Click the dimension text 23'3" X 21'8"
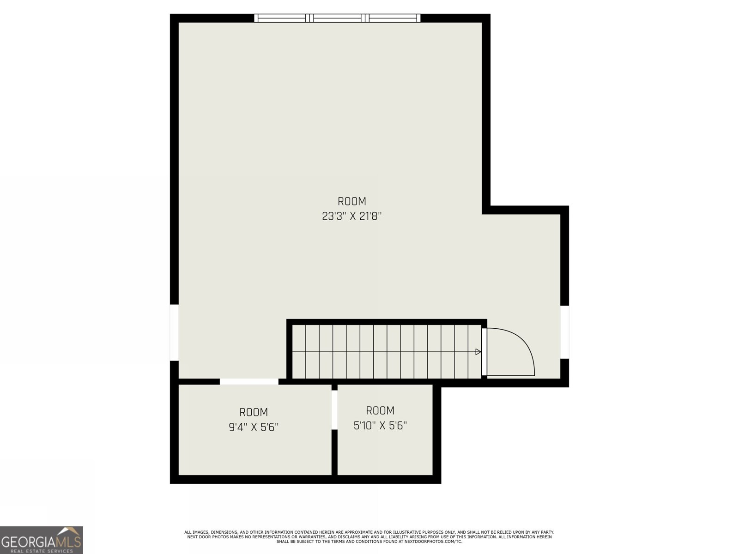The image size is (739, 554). (x=352, y=216)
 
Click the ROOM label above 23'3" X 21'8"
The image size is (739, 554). (x=352, y=201)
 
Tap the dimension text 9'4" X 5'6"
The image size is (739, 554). (x=254, y=427)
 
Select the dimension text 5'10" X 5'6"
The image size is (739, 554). (x=380, y=425)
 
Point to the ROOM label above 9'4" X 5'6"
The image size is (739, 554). (x=254, y=412)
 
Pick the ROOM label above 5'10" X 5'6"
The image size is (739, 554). (x=380, y=410)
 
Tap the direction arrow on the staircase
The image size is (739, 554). (x=478, y=352)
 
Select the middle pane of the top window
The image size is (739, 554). (x=339, y=18)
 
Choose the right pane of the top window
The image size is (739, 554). (x=394, y=18)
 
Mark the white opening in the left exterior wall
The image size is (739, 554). (x=174, y=332)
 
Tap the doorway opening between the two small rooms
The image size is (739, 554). (x=334, y=409)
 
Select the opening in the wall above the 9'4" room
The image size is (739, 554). (x=249, y=381)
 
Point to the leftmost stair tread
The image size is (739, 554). (x=299, y=351)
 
